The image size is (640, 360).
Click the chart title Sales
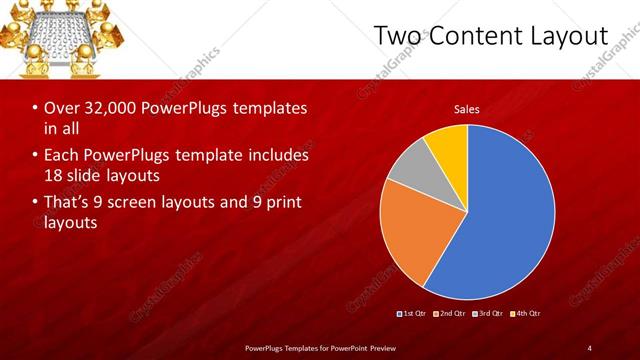(x=467, y=108)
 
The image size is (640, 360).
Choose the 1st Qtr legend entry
(x=413, y=314)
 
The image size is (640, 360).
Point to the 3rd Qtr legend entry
(x=489, y=314)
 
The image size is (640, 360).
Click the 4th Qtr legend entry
(x=527, y=314)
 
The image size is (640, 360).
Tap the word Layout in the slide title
(x=570, y=36)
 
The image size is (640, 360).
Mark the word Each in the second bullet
(x=61, y=156)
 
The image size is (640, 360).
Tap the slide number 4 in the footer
(x=590, y=347)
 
